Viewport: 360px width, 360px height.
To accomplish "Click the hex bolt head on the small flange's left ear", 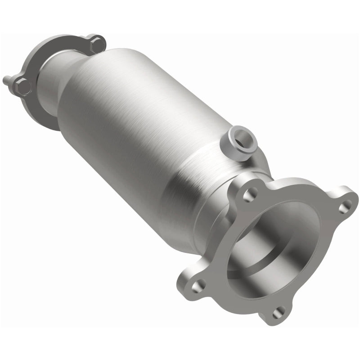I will (x=22, y=86).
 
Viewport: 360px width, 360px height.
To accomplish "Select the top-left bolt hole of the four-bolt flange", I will (x=247, y=194).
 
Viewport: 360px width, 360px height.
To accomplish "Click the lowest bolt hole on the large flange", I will (x=278, y=311).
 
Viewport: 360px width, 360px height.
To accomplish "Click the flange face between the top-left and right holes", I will (x=297, y=187).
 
